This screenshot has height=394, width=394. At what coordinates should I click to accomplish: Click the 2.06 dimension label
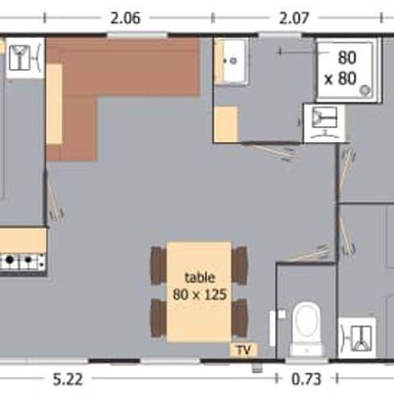126,18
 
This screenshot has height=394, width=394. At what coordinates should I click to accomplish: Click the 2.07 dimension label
294,18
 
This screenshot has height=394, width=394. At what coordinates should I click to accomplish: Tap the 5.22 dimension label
67,379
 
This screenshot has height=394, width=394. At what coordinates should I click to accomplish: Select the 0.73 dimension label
306,379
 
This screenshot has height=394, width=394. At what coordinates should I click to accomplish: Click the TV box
244,350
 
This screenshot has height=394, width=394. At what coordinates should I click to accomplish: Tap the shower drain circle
365,89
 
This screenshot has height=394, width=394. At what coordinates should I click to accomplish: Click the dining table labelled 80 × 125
199,291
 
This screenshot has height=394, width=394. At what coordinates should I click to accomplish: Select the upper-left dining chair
158,266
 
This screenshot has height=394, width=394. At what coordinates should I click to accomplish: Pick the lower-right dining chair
240,318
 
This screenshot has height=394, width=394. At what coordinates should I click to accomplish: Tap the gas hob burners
23,262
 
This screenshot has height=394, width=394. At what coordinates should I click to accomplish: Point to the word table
199,278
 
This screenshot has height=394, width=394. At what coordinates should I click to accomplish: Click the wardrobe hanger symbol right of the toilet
357,338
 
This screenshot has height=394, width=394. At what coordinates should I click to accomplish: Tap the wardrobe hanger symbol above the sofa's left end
25,58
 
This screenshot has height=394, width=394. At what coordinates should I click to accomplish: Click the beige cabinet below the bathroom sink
226,124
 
